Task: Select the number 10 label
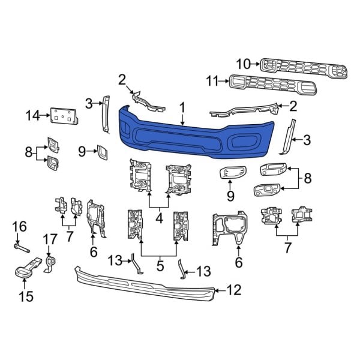pyautogui.click(x=244, y=62)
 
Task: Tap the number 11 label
pyautogui.click(x=212, y=80)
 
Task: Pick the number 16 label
pyautogui.click(x=20, y=226)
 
